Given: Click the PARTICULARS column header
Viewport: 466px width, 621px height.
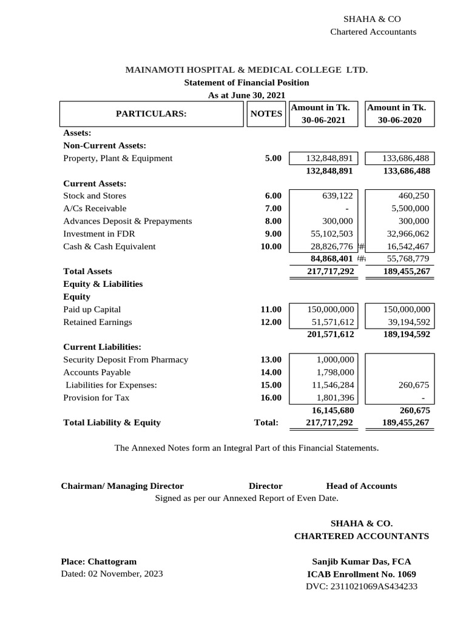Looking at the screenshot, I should click(152, 113).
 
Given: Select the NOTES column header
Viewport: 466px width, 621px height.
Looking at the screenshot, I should click(266, 113).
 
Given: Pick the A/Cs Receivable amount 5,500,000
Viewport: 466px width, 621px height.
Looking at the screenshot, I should click(408, 209).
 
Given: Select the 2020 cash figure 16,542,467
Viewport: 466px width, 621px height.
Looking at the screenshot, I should click(408, 247).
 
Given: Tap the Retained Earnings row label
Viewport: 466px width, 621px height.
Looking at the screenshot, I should click(97, 323).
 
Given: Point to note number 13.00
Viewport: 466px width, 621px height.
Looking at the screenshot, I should click(271, 360).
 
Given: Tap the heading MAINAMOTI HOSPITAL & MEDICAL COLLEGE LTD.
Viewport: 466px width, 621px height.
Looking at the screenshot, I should click(246, 70).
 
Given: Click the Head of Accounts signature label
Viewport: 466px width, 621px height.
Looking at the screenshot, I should click(361, 486).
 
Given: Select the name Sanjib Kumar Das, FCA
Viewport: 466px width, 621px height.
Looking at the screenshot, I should click(361, 562).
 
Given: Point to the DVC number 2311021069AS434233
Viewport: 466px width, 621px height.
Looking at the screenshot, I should click(361, 586).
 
